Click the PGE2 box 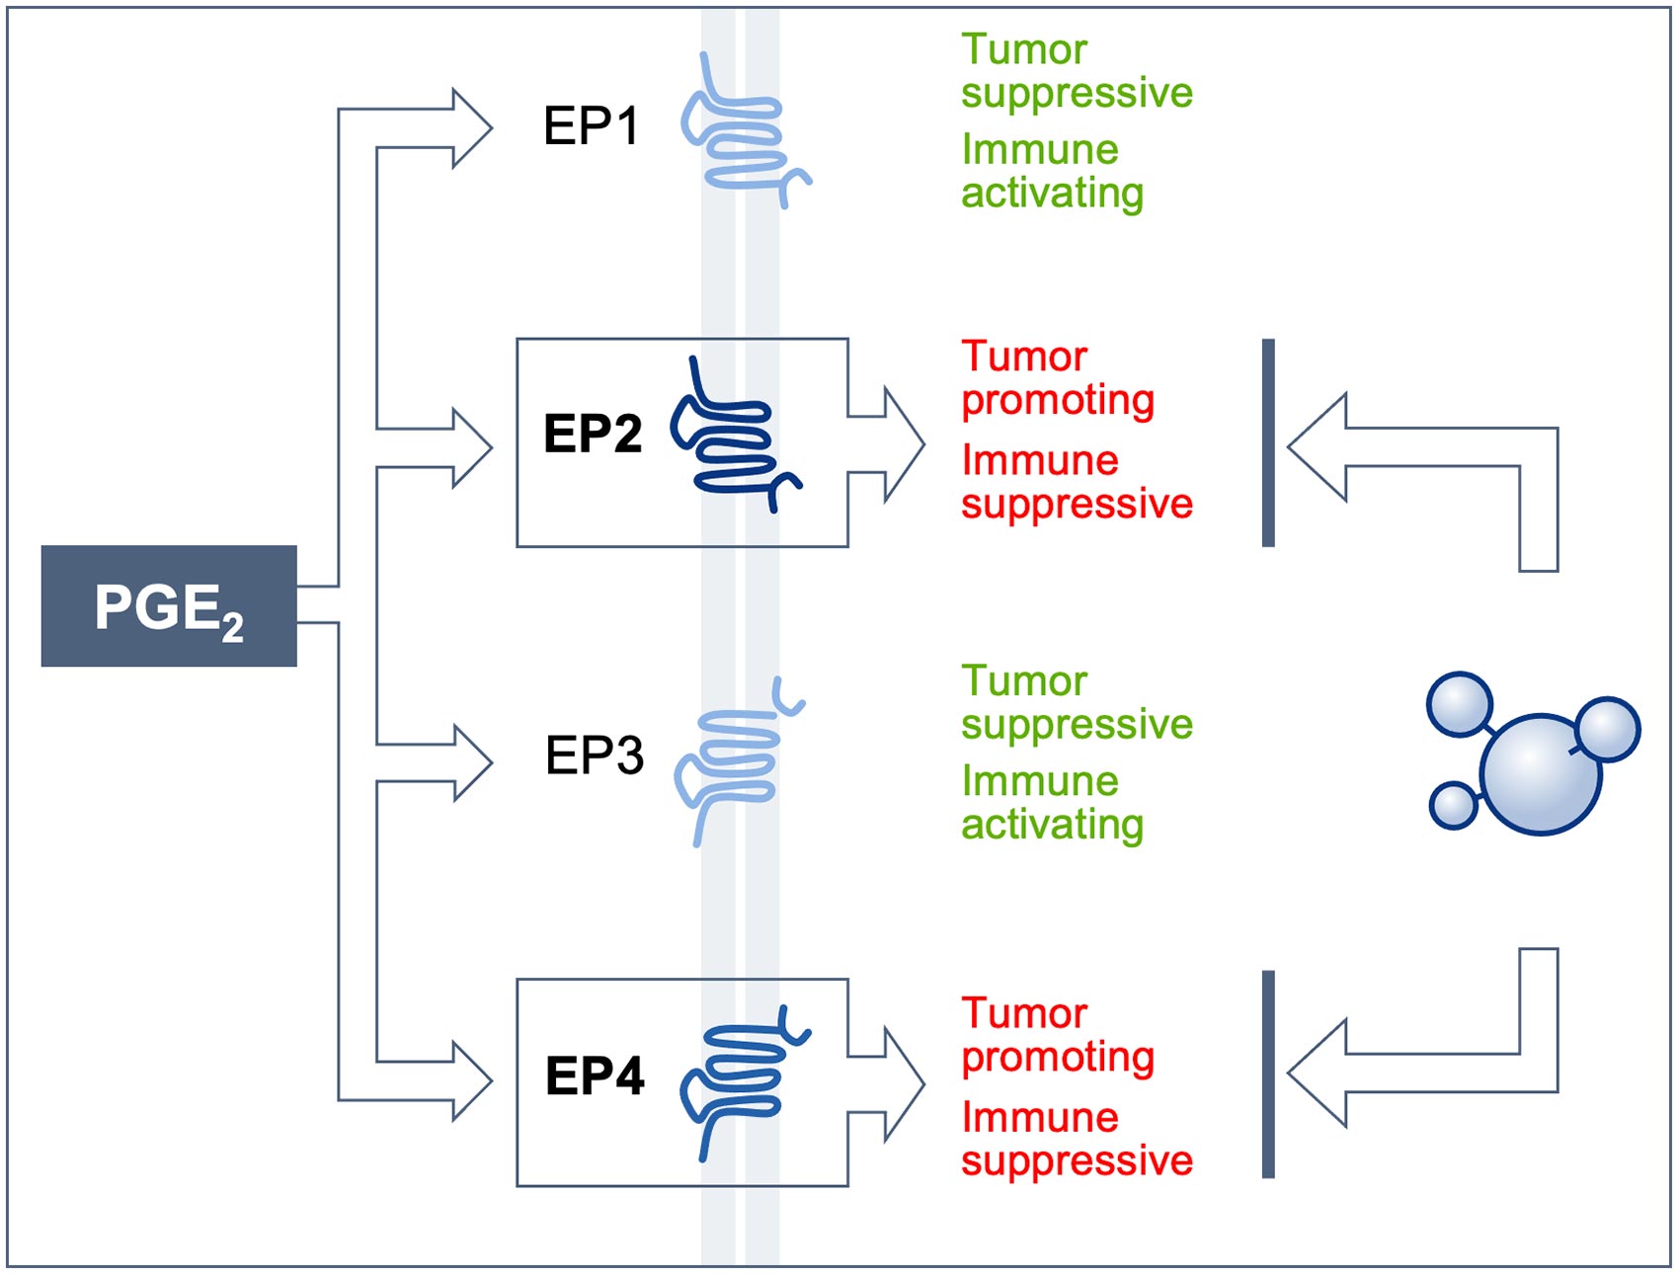169,605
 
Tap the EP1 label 592,126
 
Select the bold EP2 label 593,434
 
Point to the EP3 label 595,756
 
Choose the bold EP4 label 595,1076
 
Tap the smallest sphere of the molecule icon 1453,805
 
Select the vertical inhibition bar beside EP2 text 1268,442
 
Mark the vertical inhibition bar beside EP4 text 1268,1075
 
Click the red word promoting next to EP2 1057,401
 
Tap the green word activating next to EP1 1052,194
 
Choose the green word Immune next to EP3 1039,781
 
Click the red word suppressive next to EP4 1077,1160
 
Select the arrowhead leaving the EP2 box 903,445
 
